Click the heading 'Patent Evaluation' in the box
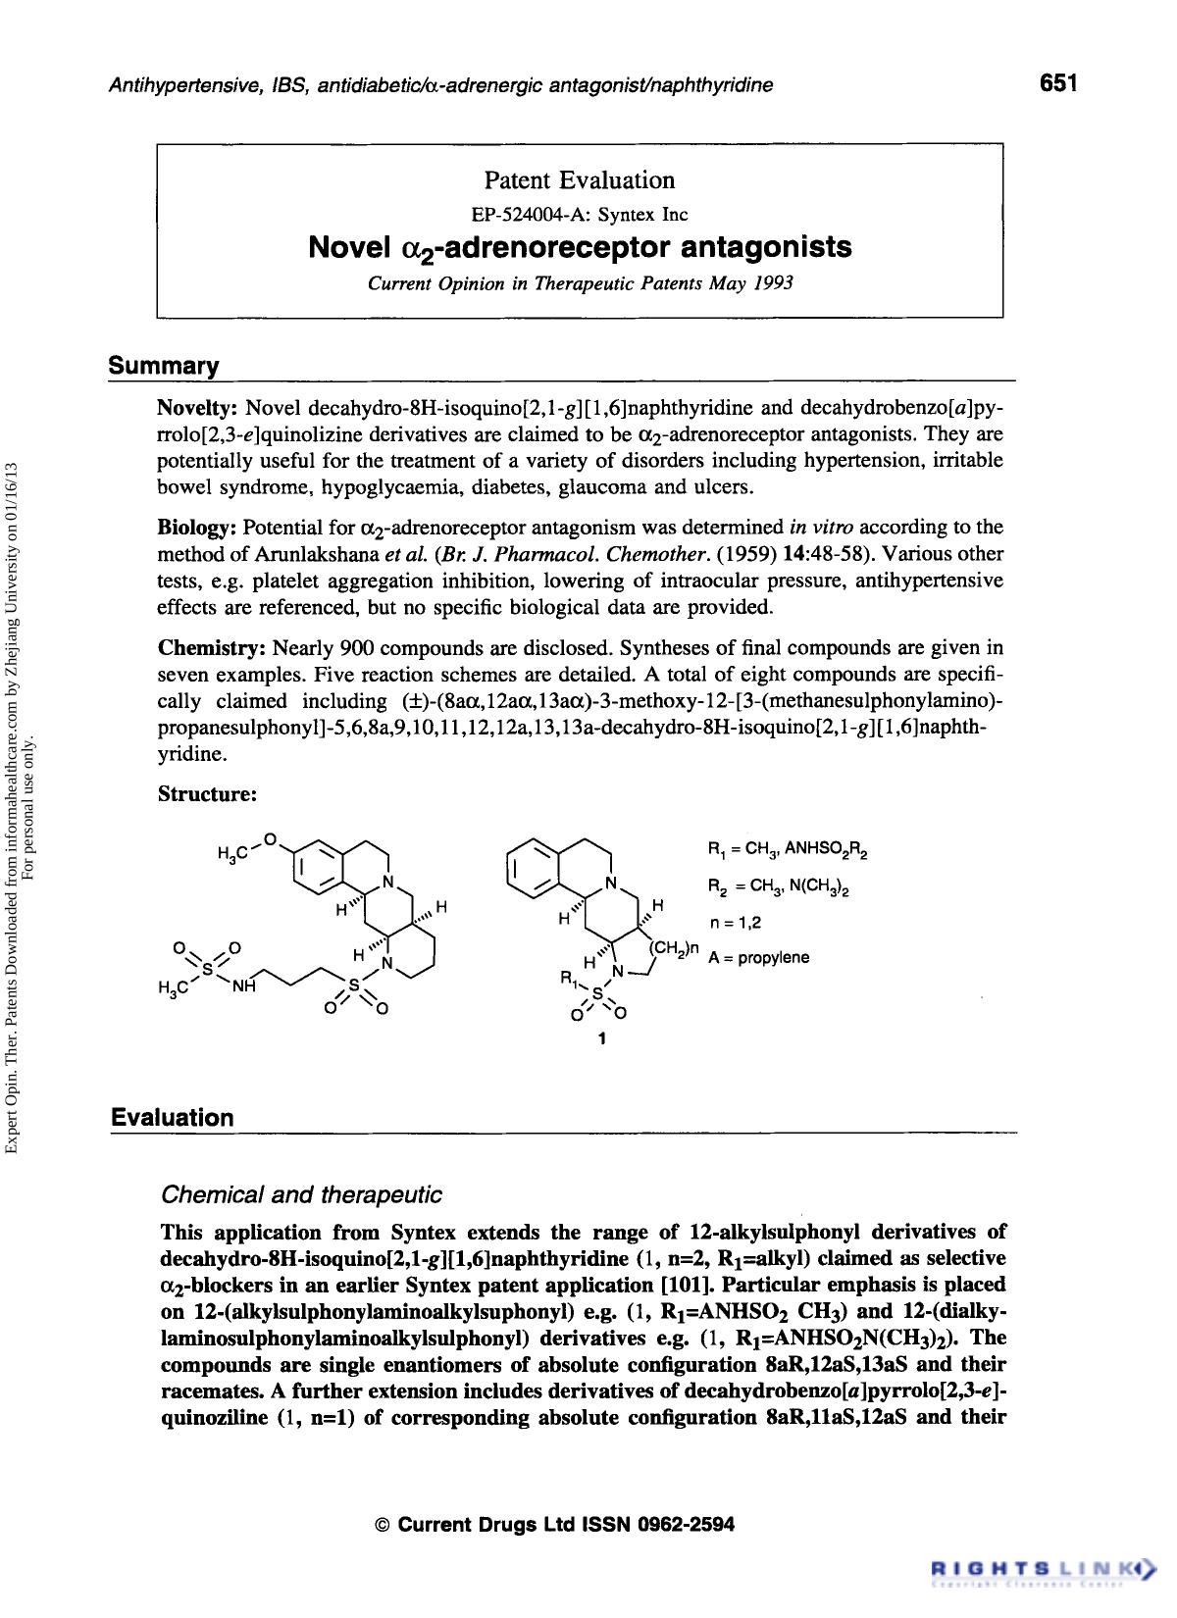click(x=580, y=180)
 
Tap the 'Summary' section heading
click(x=164, y=367)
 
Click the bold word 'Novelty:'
click(x=198, y=408)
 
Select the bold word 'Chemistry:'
click(x=212, y=649)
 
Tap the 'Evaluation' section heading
click(x=173, y=1118)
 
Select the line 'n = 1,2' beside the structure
click(x=735, y=922)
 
